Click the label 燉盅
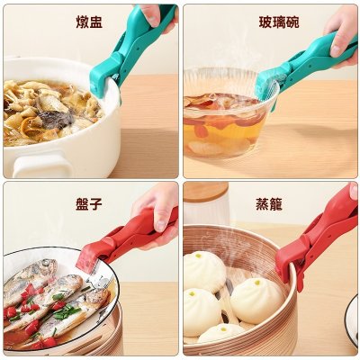[x=89, y=22]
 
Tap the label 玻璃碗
[x=279, y=22]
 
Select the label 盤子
[x=89, y=204]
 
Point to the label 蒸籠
[x=269, y=204]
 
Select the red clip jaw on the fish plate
[x=90, y=257]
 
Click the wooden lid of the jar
[x=206, y=192]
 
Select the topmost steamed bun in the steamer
[x=204, y=272]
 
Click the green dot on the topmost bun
[x=198, y=256]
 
